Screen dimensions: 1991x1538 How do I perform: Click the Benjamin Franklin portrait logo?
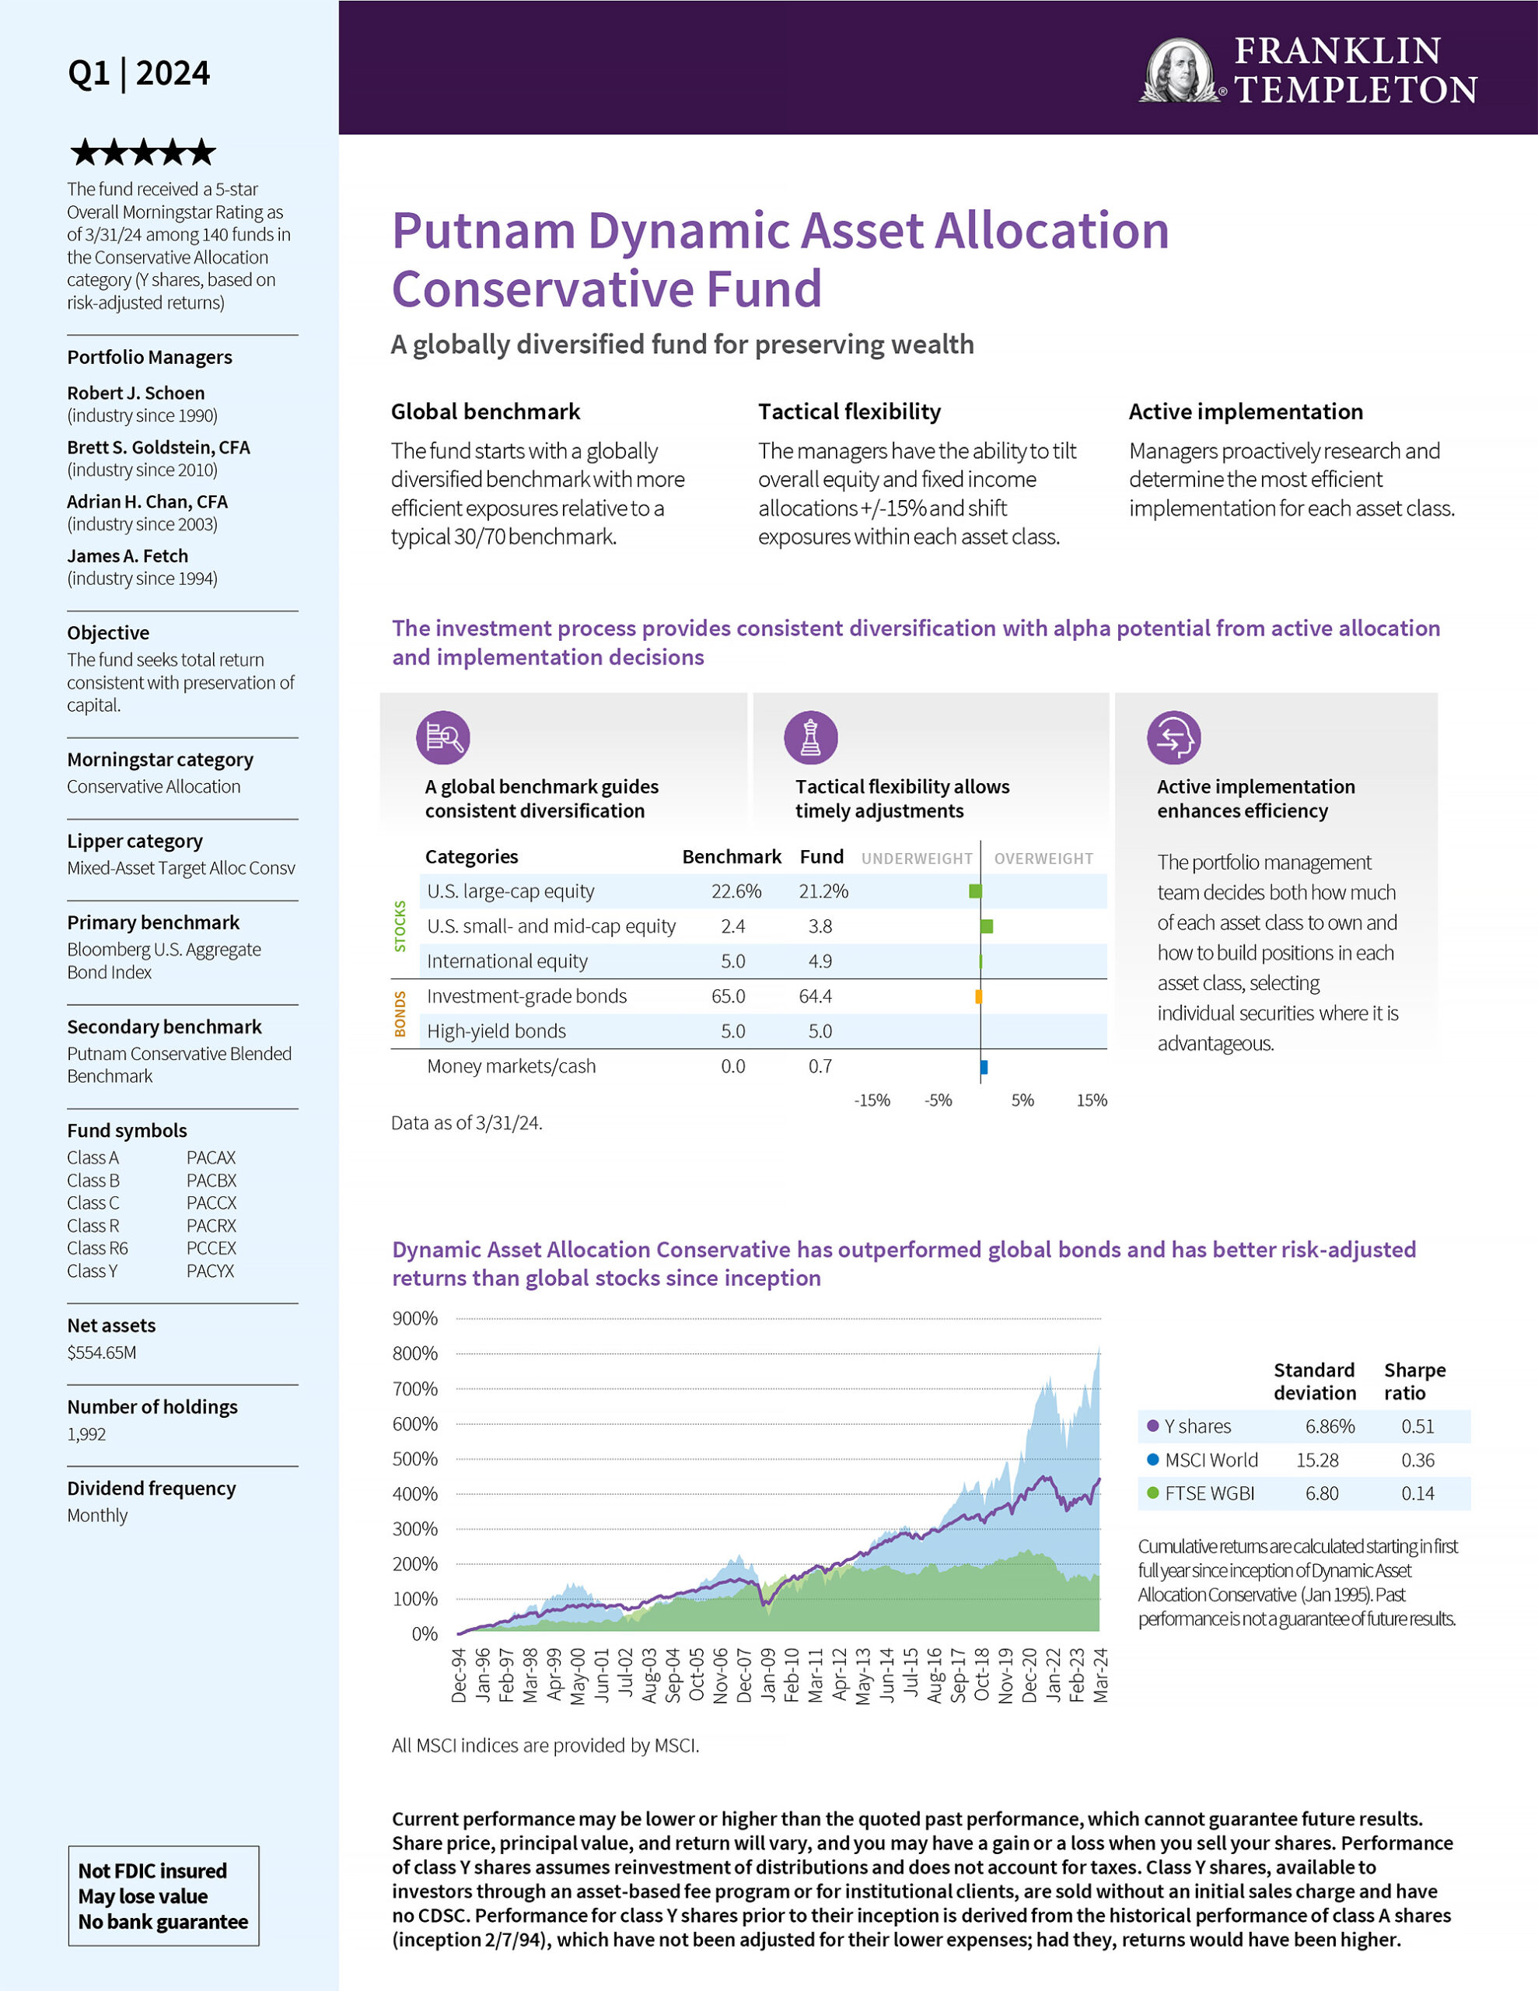[1180, 70]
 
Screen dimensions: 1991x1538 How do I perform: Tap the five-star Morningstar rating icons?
[143, 152]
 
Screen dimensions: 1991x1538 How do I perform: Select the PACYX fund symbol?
[211, 1271]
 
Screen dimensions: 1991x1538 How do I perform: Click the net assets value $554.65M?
[101, 1352]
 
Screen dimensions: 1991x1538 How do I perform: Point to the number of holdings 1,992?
[86, 1434]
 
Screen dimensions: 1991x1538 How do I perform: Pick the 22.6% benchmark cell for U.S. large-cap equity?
[736, 891]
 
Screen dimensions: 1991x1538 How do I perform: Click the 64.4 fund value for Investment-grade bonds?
[815, 996]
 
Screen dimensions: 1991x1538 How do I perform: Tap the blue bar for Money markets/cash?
[984, 1066]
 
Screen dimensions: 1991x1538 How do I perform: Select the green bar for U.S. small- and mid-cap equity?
[987, 926]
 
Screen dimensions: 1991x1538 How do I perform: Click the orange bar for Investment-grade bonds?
[978, 996]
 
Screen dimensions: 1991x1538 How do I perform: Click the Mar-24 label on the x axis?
[1100, 1675]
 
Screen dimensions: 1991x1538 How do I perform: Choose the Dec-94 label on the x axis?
[459, 1675]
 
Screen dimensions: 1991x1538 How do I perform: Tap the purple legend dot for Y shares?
[1153, 1426]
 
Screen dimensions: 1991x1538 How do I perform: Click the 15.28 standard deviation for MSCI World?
[1317, 1461]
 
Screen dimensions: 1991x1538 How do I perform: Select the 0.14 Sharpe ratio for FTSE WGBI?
[1417, 1494]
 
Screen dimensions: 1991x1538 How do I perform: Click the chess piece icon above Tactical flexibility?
[810, 737]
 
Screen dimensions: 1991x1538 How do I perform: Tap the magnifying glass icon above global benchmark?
[443, 737]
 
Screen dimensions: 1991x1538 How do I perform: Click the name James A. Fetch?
[128, 556]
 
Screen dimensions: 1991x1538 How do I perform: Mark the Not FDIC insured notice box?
[163, 1896]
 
